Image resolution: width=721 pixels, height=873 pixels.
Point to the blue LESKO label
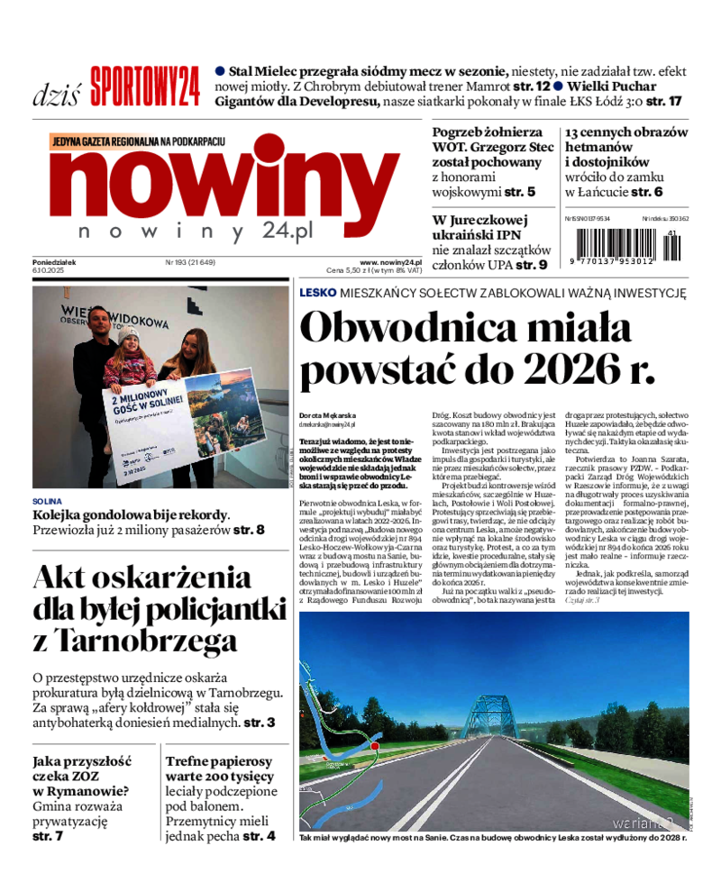(318, 293)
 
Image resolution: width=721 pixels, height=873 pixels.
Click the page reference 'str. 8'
(248, 530)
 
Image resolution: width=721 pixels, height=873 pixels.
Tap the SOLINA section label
(48, 501)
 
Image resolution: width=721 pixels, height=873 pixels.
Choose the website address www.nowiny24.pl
(391, 262)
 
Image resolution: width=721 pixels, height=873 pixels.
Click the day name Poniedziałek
(54, 262)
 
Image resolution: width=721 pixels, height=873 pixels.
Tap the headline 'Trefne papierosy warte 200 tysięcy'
(220, 768)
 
